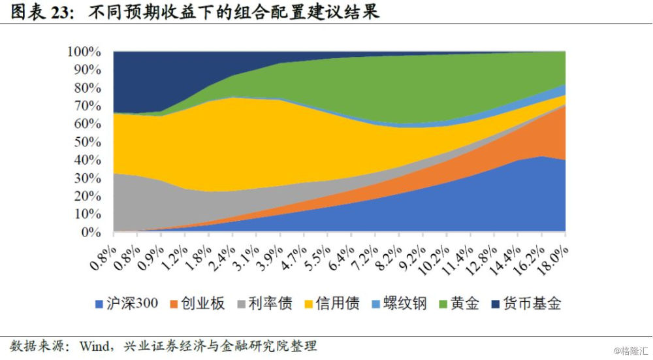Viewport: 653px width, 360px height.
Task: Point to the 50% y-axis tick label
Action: pyautogui.click(x=88, y=142)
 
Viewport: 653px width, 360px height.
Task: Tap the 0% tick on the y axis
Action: pyautogui.click(x=91, y=232)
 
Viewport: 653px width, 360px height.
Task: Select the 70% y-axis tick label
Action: pyautogui.click(x=88, y=106)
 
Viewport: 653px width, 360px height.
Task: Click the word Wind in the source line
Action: pyautogui.click(x=94, y=344)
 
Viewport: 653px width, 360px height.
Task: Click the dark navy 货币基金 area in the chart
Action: pyautogui.click(x=150, y=78)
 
